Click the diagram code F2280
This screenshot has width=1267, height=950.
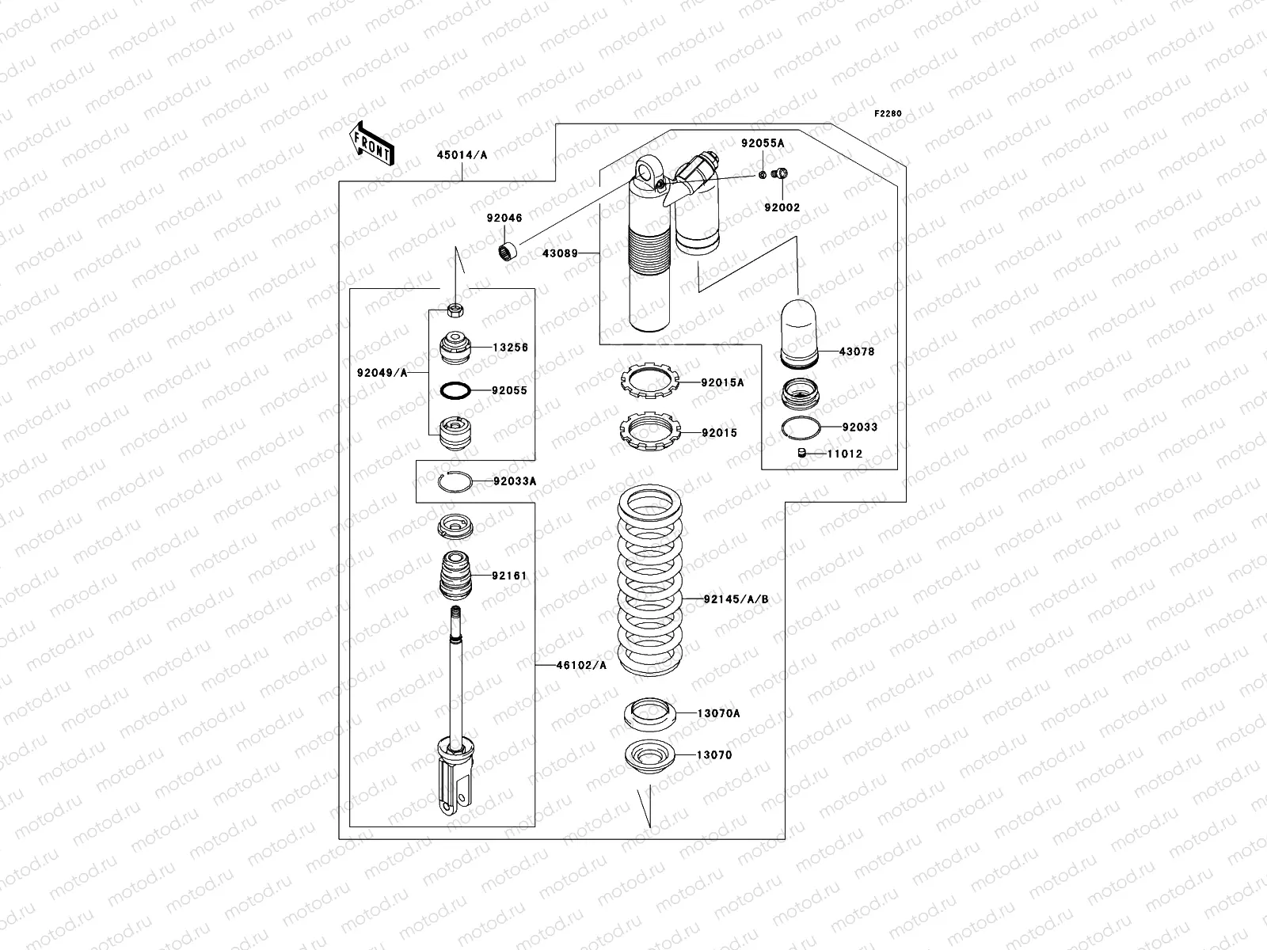click(888, 114)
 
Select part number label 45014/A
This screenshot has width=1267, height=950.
click(462, 156)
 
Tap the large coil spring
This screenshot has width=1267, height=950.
click(650, 582)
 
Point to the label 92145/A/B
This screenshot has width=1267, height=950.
click(736, 599)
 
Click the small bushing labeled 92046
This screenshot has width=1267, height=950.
click(507, 253)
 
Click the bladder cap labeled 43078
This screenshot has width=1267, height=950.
click(798, 332)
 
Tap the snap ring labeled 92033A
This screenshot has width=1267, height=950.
click(455, 481)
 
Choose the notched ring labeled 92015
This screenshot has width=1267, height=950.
click(649, 433)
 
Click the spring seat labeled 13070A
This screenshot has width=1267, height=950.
click(650, 713)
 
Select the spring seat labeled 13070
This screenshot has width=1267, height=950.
click(650, 755)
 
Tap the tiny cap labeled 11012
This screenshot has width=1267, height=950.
click(801, 453)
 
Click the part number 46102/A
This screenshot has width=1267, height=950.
click(581, 666)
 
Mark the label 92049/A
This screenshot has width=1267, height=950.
click(382, 373)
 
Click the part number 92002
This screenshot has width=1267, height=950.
click(782, 207)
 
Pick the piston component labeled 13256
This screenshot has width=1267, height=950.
click(455, 347)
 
